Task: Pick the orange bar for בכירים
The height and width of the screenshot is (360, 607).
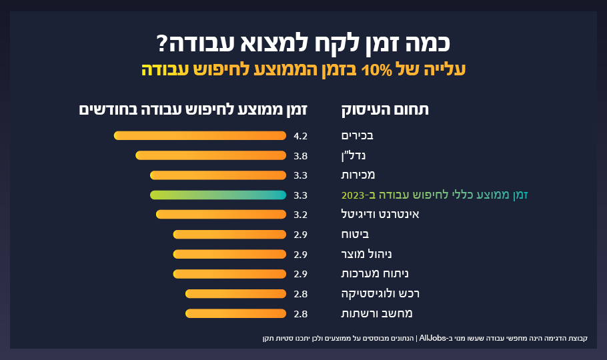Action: [200, 136]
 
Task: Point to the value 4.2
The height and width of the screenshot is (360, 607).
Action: [300, 136]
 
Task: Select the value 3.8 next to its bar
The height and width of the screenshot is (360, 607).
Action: [300, 155]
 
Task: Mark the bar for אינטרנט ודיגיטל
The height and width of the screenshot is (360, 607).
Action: [221, 215]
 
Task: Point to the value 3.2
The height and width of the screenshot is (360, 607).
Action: [300, 215]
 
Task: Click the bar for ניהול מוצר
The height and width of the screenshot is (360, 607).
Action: [229, 254]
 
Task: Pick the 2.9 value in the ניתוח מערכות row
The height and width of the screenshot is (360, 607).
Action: [300, 273]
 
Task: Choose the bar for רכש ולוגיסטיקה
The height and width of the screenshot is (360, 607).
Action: [235, 293]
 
